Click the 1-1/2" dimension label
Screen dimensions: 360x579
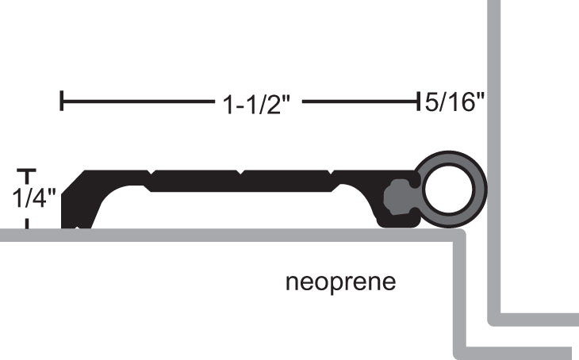(254, 103)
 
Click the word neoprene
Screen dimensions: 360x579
(340, 281)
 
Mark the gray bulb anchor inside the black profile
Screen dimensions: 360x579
(399, 195)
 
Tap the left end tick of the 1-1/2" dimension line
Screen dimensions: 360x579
(62, 101)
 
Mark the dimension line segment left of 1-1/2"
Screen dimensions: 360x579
(135, 101)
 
